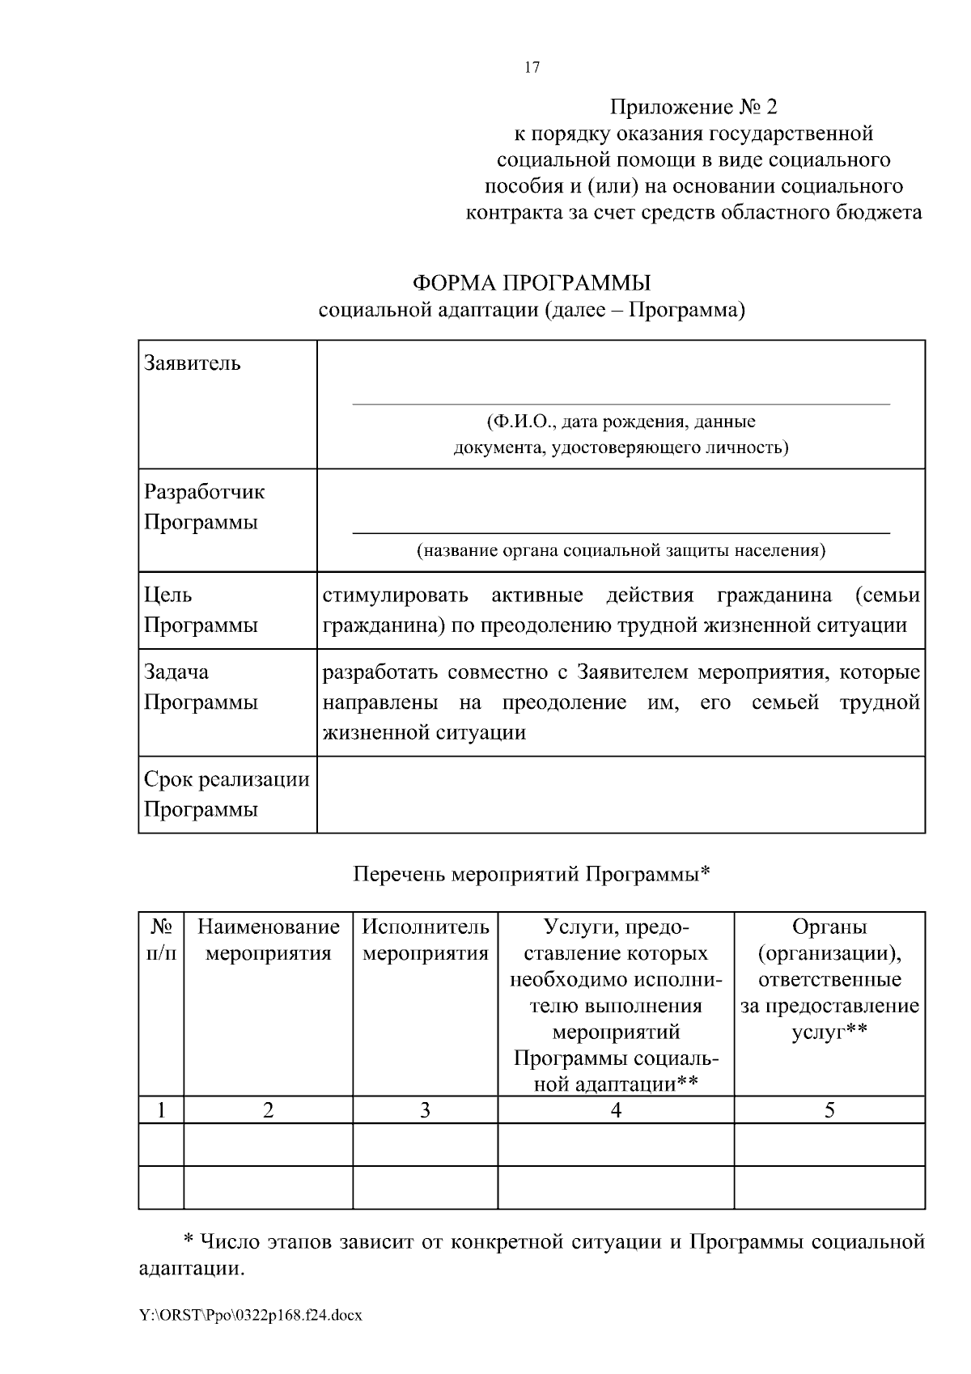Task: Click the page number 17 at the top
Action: (x=532, y=67)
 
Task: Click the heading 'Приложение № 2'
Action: (x=693, y=107)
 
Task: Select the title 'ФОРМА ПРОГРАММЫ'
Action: (x=532, y=283)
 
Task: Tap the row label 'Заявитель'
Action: (x=193, y=363)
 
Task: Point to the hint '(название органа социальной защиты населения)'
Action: (x=621, y=551)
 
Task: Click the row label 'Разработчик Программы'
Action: (x=204, y=507)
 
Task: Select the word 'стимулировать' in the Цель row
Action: (x=395, y=596)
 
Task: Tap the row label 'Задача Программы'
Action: (x=201, y=687)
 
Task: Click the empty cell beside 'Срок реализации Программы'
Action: (x=621, y=794)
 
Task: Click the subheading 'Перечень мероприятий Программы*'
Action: (x=532, y=874)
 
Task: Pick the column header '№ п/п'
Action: (x=161, y=939)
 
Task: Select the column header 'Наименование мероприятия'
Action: (x=269, y=939)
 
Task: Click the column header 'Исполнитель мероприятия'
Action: (x=426, y=939)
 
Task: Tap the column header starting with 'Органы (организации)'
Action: (x=829, y=979)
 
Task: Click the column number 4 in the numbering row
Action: (x=616, y=1110)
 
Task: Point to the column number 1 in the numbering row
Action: (x=161, y=1110)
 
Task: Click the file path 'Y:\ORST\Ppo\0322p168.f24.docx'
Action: (x=251, y=1315)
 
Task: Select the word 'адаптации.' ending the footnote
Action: (x=192, y=1268)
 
